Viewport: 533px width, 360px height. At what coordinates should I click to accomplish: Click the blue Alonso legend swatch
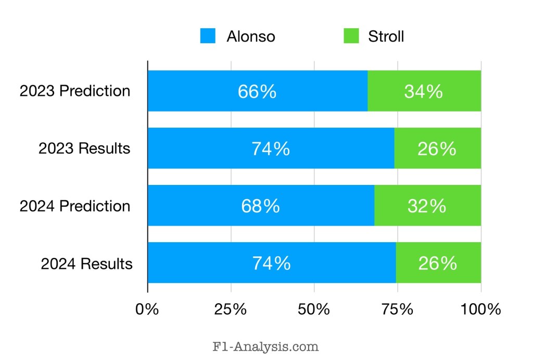point(208,36)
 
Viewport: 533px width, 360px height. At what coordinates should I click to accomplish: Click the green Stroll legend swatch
point(349,36)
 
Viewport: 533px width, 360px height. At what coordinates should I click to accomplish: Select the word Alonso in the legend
point(250,36)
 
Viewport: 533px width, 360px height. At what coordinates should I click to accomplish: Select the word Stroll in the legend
point(386,36)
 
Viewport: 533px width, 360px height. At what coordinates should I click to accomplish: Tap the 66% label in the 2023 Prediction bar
point(257,92)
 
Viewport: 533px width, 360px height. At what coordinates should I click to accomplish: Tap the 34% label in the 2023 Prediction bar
point(424,92)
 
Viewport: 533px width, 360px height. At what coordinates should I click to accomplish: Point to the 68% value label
point(260,206)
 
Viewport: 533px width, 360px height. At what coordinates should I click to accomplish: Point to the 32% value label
point(427,206)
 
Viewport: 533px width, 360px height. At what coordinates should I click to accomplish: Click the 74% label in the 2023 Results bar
point(271,149)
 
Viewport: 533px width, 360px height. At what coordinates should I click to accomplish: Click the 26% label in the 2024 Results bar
point(438,263)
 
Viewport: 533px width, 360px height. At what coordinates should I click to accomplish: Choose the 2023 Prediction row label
point(75,91)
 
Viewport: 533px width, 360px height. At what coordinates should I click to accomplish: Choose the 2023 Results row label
point(84,148)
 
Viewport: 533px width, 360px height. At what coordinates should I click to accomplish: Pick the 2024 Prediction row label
point(75,206)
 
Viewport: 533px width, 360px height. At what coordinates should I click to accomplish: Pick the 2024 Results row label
point(87,264)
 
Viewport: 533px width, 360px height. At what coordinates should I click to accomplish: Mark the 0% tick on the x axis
point(147,309)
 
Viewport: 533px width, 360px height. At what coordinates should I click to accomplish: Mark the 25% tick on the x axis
point(231,309)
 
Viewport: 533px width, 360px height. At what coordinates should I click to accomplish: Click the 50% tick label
point(314,309)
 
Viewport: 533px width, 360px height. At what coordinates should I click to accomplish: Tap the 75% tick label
point(398,309)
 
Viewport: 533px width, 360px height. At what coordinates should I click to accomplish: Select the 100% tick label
point(480,309)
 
